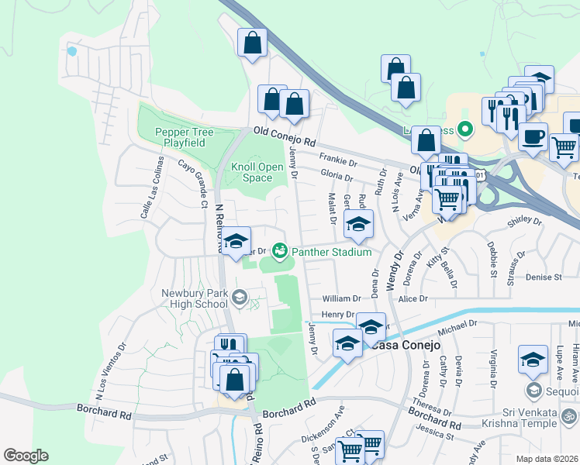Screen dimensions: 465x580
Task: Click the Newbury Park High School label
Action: click(x=194, y=298)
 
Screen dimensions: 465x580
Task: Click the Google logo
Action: click(x=26, y=455)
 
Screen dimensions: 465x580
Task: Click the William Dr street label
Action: click(x=342, y=298)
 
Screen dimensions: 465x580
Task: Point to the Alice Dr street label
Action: click(x=413, y=298)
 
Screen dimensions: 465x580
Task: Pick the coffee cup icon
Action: click(x=533, y=137)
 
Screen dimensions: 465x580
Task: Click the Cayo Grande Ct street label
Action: click(x=193, y=177)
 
